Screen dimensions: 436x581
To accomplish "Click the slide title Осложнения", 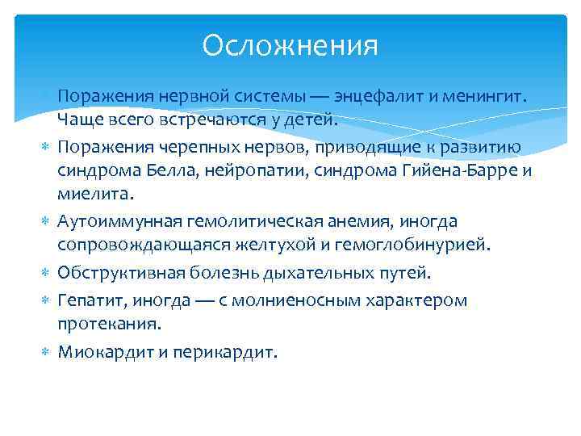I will coord(290,45).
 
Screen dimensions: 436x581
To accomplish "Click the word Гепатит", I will coord(90,301).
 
